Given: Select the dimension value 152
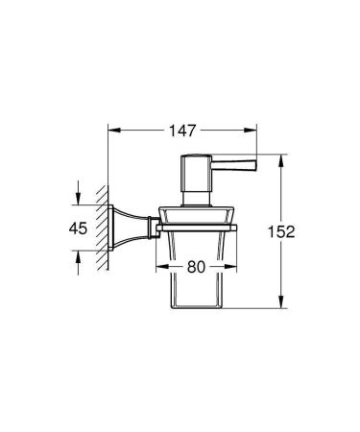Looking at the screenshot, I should (304, 232).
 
